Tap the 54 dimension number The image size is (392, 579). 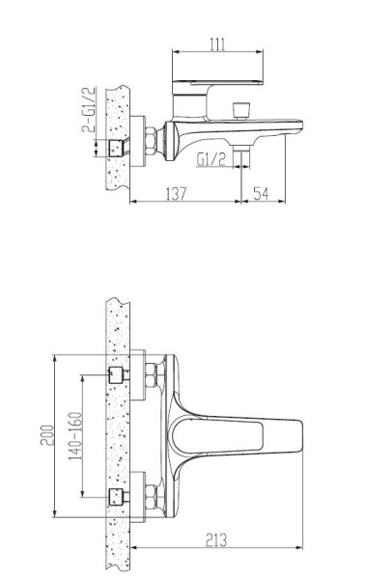(262, 194)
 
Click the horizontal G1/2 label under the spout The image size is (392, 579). (211, 159)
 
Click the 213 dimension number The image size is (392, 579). (215, 541)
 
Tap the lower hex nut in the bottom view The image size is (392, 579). (151, 497)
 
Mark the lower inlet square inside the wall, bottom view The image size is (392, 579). (119, 497)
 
